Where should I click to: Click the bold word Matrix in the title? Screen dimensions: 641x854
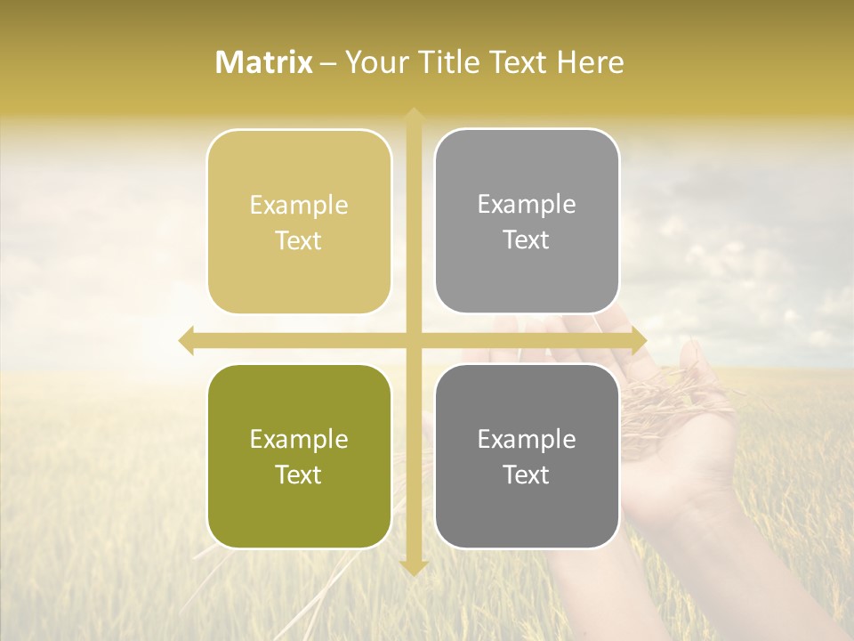pyautogui.click(x=264, y=62)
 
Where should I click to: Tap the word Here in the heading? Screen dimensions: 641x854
pyautogui.click(x=590, y=62)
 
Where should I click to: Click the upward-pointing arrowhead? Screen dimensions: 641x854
pyautogui.click(x=413, y=116)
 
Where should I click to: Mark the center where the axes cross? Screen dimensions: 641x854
pyautogui.click(x=413, y=340)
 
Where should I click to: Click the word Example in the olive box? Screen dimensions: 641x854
pyautogui.click(x=299, y=440)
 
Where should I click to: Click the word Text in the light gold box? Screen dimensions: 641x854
pyautogui.click(x=299, y=241)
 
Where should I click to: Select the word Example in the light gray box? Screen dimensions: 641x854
pyautogui.click(x=527, y=205)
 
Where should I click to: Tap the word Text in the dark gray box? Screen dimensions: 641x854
pyautogui.click(x=527, y=475)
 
